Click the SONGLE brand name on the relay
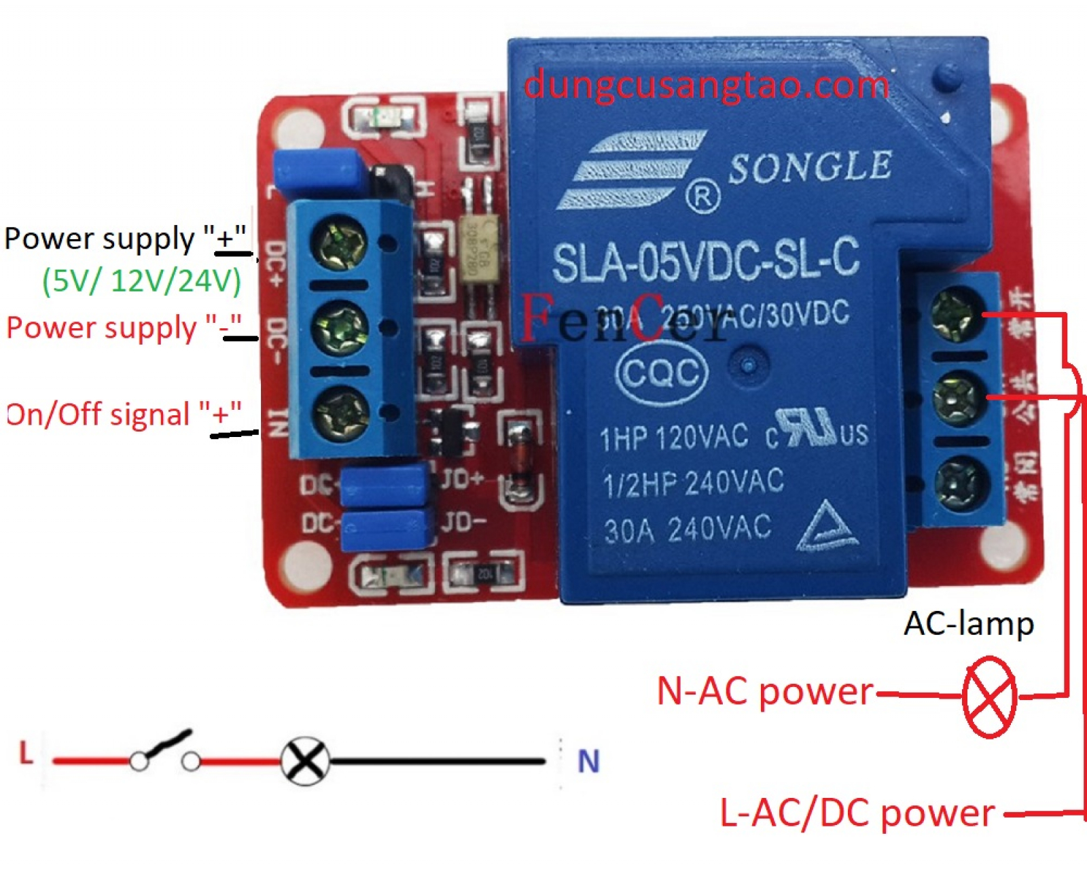coord(810,167)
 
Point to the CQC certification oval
coord(662,372)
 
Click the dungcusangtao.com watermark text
coord(707,86)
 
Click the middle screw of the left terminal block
coord(340,328)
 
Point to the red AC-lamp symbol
coord(989,697)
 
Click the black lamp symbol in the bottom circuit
coord(305,761)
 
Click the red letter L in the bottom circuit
coord(26,753)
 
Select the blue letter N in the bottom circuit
coord(588,761)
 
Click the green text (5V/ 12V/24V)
coord(141,280)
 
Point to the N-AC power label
coord(765,692)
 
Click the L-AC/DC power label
coord(857,813)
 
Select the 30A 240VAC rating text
coord(688,529)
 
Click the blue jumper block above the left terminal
coord(317,173)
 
